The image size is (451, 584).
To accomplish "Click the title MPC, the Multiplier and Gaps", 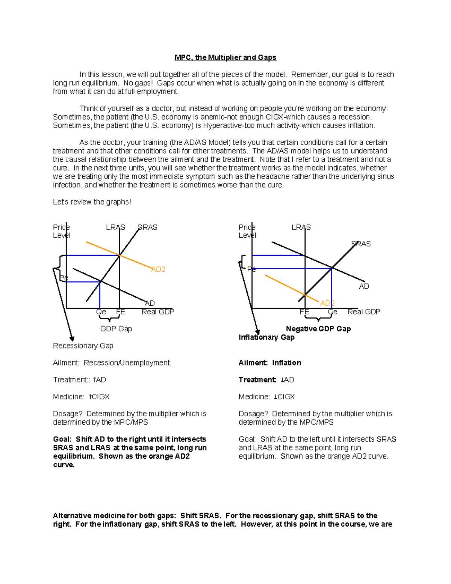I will click(x=225, y=58).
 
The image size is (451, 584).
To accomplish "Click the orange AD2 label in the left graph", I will click(x=158, y=269).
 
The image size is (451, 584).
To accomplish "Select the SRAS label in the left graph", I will click(x=147, y=228).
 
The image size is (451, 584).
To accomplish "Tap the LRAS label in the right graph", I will click(x=301, y=228).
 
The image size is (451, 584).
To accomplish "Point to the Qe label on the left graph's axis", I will click(x=101, y=312).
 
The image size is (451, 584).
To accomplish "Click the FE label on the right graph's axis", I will click(x=304, y=312).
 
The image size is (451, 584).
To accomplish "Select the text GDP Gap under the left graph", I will click(x=116, y=329).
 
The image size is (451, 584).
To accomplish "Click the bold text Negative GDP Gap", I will click(x=318, y=329).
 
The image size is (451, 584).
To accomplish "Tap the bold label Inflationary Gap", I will click(x=266, y=337).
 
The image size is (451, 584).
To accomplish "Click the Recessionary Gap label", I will click(x=83, y=346).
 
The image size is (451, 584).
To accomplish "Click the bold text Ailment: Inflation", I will click(x=269, y=363).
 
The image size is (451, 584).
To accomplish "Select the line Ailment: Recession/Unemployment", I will click(x=111, y=363).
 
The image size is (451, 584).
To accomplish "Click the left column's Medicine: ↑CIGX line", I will click(x=81, y=397).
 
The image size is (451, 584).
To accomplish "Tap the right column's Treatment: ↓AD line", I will click(x=266, y=380).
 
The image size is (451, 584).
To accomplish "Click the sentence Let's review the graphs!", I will click(x=92, y=202).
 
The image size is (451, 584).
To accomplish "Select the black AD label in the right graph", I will click(x=364, y=287).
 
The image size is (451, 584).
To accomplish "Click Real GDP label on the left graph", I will click(x=158, y=312).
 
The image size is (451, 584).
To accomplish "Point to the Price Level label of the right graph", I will click(x=247, y=231).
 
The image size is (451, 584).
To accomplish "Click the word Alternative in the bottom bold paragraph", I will click(x=72, y=516).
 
